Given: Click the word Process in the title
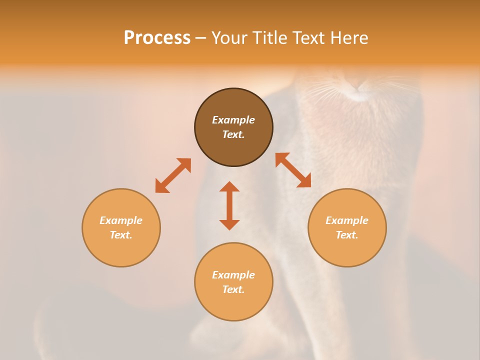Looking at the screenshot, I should (x=157, y=38).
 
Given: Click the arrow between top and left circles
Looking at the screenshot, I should (x=173, y=175).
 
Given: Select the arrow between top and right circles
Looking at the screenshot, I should (x=293, y=170).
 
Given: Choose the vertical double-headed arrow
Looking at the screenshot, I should (x=229, y=205).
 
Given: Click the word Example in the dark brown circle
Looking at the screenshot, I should (x=233, y=120).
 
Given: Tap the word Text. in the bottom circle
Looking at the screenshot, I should (x=233, y=289).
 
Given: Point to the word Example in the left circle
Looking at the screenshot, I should (x=121, y=220).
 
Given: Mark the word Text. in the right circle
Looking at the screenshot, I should (x=347, y=235).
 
